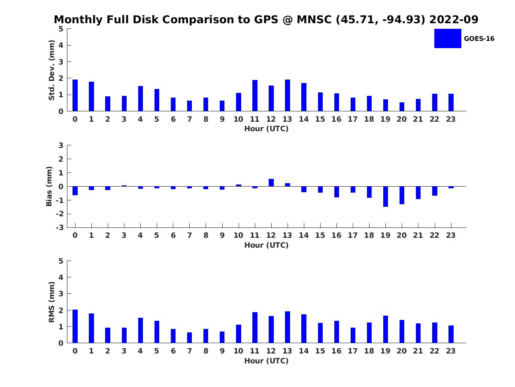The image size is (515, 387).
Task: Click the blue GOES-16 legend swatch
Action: click(447, 38)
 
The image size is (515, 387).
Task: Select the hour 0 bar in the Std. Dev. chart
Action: click(75, 95)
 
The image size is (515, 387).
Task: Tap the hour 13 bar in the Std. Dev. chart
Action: click(288, 95)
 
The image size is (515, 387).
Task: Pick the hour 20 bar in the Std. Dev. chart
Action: click(402, 107)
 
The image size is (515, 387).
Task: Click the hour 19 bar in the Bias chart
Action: click(385, 197)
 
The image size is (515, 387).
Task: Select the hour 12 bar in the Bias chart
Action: click(271, 183)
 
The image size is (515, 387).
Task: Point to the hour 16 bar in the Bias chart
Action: click(336, 192)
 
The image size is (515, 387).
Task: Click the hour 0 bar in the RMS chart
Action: click(75, 326)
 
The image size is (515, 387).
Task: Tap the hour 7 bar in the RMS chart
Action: click(189, 338)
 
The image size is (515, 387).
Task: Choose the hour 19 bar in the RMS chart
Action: click(385, 329)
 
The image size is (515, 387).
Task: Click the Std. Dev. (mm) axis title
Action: click(51, 70)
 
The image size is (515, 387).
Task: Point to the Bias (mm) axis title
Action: click(49, 186)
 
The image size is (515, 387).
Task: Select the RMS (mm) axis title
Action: click(51, 302)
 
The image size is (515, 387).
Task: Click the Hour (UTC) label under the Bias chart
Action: click(266, 245)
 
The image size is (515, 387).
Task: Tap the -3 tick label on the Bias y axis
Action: click(61, 227)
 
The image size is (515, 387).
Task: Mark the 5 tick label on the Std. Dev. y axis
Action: click(61, 29)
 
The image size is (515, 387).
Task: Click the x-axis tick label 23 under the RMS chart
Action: click(451, 351)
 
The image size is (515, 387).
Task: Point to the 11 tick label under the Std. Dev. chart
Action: click(254, 119)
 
